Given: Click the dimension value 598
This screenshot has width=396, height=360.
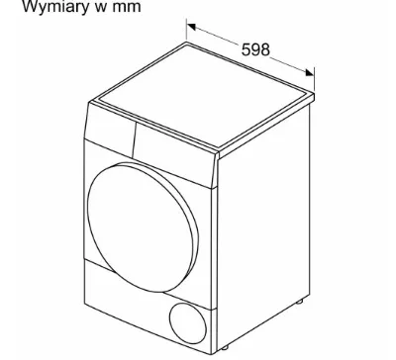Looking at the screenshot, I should pyautogui.click(x=255, y=48).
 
